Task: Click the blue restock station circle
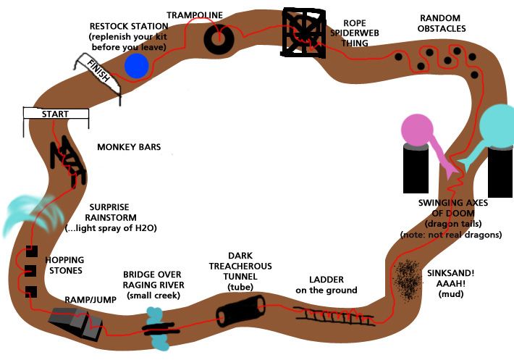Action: tap(136, 65)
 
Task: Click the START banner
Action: tap(56, 114)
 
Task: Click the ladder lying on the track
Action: tap(334, 315)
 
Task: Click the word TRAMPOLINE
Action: tap(195, 14)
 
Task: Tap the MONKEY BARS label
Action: tap(129, 147)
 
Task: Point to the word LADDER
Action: tap(326, 280)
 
